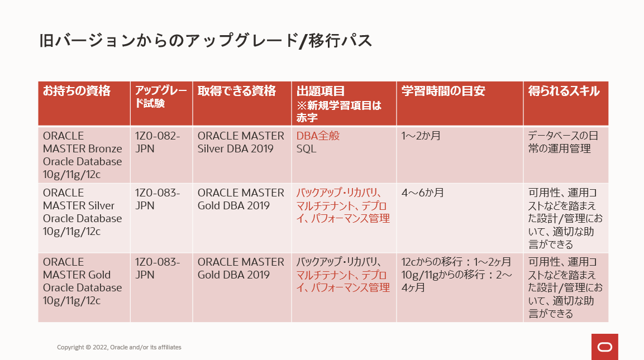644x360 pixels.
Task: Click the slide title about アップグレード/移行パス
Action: point(206,41)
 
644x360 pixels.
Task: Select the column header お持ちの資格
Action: point(77,91)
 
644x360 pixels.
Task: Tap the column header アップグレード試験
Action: point(161,97)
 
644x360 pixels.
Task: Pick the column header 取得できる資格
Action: point(237,91)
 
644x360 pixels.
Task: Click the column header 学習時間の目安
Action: point(443,91)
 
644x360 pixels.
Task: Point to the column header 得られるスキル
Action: point(564,91)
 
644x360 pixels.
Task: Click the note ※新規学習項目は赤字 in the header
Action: point(339,112)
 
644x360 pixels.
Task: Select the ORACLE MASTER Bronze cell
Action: point(83,155)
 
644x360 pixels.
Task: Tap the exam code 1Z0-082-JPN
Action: point(158,142)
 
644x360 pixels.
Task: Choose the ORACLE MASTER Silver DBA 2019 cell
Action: point(241,142)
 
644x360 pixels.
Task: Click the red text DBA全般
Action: point(318,136)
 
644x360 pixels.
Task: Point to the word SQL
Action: point(307,148)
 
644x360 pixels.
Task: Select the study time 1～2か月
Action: point(421,136)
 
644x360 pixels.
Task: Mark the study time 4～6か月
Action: point(423,193)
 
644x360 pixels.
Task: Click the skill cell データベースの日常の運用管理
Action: point(563,142)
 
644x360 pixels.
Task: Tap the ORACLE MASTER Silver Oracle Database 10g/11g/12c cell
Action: point(83,212)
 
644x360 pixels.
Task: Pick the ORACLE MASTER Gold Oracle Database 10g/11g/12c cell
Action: point(83,281)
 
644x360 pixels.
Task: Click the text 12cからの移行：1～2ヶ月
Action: point(456,262)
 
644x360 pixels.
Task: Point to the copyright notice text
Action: point(119,347)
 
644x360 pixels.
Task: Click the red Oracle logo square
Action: point(604,347)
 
